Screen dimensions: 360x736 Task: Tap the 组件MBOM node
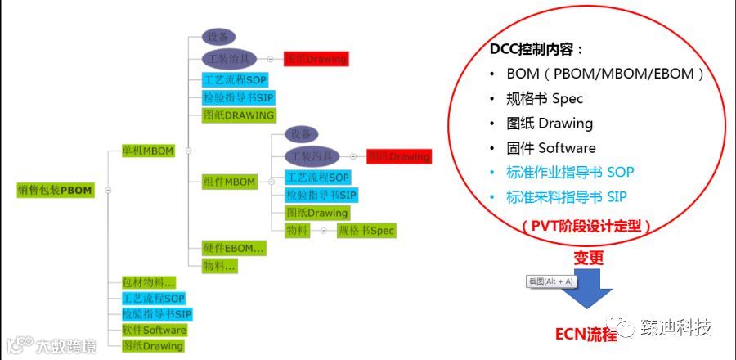(x=229, y=182)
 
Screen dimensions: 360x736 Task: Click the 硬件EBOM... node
(x=233, y=247)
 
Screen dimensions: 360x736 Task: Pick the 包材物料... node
(x=143, y=282)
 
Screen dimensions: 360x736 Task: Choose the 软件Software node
(x=154, y=330)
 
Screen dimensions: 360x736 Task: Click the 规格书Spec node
(x=366, y=231)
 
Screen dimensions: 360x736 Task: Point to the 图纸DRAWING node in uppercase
(x=238, y=115)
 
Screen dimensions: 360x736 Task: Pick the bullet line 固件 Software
(x=550, y=148)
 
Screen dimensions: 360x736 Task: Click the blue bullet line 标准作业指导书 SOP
(x=570, y=173)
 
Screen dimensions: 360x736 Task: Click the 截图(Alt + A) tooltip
(x=551, y=281)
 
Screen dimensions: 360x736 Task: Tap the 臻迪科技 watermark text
(x=675, y=327)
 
